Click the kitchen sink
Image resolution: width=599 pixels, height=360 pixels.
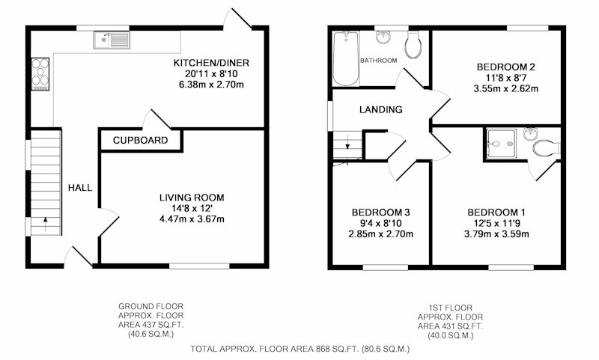click(x=112, y=40)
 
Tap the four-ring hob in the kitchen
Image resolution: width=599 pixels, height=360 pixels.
click(x=40, y=74)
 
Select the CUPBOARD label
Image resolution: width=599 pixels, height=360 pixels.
click(x=140, y=141)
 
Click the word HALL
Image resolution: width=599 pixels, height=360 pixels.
click(x=80, y=188)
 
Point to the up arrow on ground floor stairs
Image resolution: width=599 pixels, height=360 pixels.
click(x=46, y=224)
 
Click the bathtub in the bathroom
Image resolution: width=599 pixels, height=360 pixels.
click(x=346, y=58)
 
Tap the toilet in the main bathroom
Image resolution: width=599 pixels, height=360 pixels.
click(x=413, y=45)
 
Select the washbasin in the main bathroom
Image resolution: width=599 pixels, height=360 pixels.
click(x=383, y=37)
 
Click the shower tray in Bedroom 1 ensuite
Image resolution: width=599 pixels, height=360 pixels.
click(x=501, y=143)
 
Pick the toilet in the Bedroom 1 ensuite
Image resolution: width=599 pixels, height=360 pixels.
click(x=547, y=148)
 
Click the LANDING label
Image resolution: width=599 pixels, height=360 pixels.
click(x=381, y=110)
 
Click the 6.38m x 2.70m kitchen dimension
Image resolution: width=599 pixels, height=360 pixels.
click(x=211, y=85)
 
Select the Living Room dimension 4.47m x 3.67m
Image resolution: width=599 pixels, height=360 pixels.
click(x=192, y=219)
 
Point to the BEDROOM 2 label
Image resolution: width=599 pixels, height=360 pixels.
click(x=506, y=67)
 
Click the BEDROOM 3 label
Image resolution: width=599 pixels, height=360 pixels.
click(x=381, y=213)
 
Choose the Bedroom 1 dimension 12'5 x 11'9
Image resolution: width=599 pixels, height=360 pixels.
click(x=496, y=223)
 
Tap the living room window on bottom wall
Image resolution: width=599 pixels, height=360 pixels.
click(x=199, y=266)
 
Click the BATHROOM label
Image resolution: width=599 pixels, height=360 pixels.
click(x=379, y=61)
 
